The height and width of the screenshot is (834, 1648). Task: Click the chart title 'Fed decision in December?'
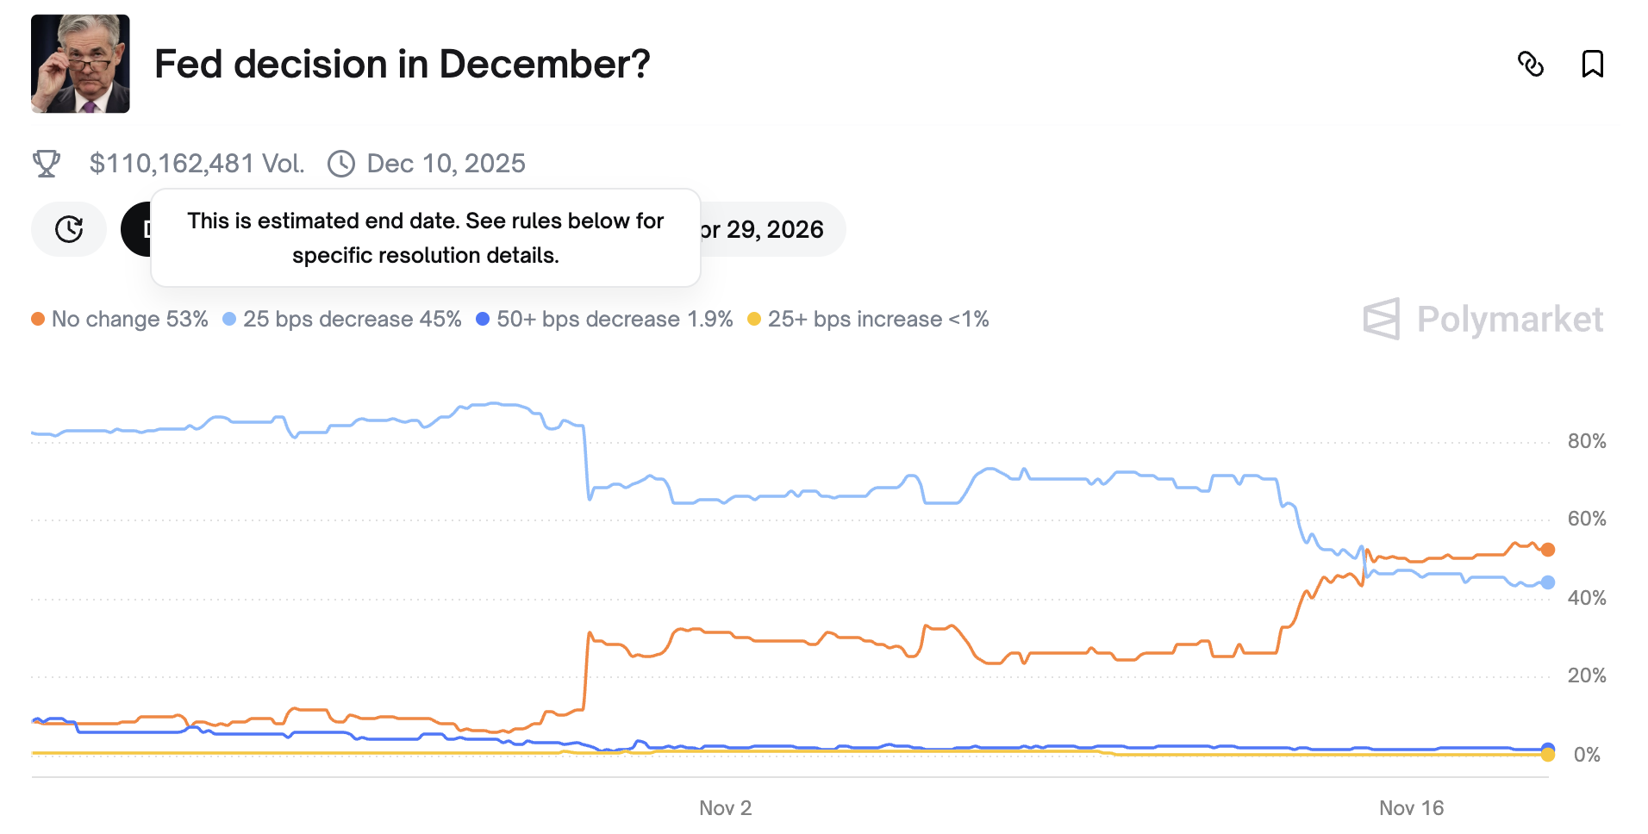tap(402, 65)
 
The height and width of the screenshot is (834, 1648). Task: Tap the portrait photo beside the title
tap(80, 64)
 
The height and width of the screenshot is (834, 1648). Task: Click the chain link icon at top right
tap(1531, 65)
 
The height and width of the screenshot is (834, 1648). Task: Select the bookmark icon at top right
tap(1592, 64)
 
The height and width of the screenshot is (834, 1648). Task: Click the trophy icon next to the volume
tap(47, 164)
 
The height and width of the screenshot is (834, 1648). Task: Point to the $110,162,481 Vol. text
tap(197, 164)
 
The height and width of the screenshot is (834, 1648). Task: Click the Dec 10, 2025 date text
tap(446, 164)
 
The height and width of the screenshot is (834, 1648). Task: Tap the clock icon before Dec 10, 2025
tap(341, 164)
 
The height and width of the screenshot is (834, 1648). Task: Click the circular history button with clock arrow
tap(69, 229)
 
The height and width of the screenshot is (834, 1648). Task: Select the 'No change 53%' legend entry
tap(121, 320)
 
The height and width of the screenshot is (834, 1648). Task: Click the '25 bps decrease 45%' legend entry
tap(342, 320)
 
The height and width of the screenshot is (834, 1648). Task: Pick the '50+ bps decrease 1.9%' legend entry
tap(605, 320)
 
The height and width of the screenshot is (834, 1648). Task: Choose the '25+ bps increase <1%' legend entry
tap(869, 320)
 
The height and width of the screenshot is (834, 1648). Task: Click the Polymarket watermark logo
tap(1483, 320)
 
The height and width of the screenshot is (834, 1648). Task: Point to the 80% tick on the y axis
tap(1587, 442)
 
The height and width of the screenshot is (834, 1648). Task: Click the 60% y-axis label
tap(1587, 520)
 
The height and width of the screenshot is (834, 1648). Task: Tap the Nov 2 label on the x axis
tap(725, 808)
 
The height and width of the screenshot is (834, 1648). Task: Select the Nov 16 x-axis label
tap(1411, 808)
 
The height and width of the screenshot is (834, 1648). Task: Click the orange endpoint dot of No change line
tap(1548, 550)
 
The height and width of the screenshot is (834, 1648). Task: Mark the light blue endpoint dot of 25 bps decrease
tap(1548, 582)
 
